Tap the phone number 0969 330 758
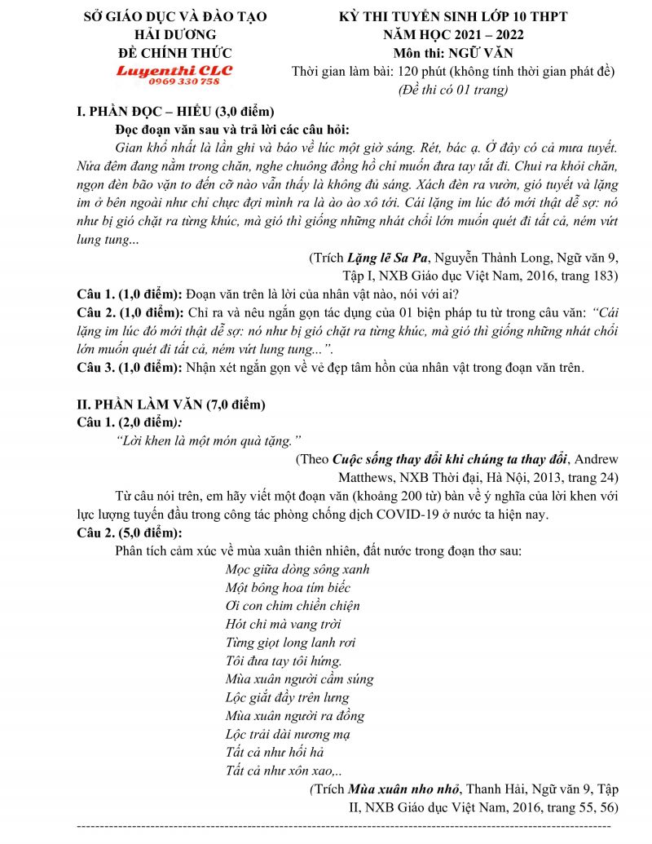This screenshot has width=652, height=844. point(174,82)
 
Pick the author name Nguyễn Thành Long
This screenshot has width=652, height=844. point(487,259)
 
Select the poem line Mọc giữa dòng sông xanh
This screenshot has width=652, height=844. point(297,569)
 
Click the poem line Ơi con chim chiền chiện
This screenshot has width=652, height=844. point(293,606)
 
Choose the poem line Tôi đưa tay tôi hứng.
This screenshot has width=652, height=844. point(284,661)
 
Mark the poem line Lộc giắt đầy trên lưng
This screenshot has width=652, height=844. point(287,697)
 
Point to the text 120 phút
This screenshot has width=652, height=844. point(415,71)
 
